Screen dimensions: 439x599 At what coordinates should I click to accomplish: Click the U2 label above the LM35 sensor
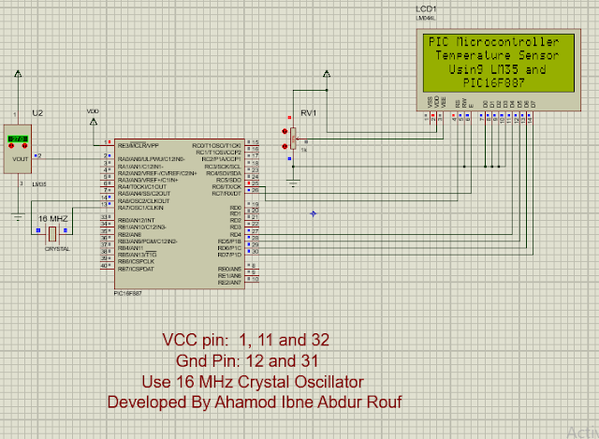coord(37,112)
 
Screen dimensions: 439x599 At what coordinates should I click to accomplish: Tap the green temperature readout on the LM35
coord(17,140)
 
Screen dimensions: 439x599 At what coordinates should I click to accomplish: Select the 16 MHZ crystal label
coord(52,218)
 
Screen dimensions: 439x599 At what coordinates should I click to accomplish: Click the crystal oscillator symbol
coord(52,234)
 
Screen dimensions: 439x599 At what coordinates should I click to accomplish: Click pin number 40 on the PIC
coord(105,267)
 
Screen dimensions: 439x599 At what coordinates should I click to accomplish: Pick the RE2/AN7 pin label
coord(228,283)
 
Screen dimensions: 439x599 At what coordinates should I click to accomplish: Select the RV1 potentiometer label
coord(309,114)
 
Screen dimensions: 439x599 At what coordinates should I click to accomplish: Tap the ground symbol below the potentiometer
coord(292,183)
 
